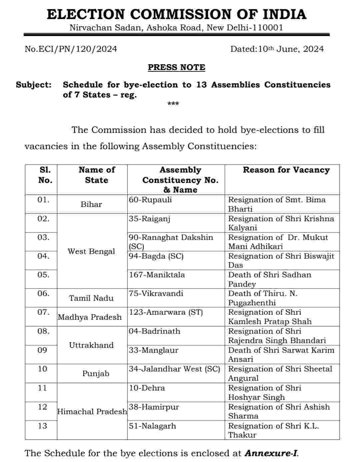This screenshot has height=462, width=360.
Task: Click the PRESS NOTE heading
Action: (x=176, y=67)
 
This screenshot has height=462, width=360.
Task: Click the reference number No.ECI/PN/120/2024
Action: (x=71, y=49)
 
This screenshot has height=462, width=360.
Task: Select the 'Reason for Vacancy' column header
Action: (x=286, y=170)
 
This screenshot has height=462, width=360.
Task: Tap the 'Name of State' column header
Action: (x=96, y=175)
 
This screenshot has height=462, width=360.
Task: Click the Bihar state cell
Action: (x=91, y=204)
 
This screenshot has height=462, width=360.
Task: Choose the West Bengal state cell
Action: (x=91, y=251)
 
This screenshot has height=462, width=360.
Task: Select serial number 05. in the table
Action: (x=43, y=275)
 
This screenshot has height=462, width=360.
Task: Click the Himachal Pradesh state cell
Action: (x=92, y=412)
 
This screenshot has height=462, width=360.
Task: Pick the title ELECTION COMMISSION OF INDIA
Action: (x=176, y=14)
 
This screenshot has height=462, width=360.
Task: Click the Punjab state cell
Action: (x=96, y=374)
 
